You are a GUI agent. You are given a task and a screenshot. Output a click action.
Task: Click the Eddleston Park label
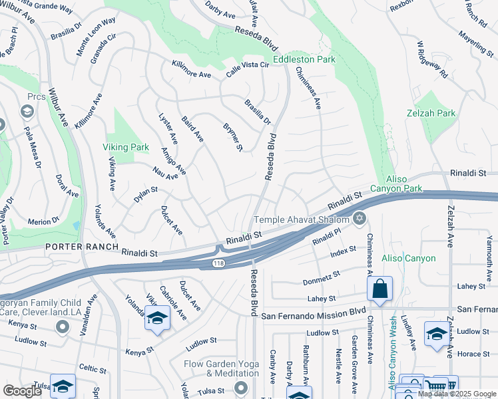[307, 59]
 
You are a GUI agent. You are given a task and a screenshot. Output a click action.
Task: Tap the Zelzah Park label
[431, 113]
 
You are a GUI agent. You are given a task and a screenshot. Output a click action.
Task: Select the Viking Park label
[125, 146]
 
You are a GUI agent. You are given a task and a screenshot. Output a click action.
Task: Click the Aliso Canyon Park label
[404, 184]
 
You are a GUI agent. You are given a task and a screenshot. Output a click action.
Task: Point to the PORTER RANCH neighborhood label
[73, 246]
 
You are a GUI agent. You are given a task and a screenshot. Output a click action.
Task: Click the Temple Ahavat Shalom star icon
[360, 218]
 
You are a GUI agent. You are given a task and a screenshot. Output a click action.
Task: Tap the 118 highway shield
[218, 264]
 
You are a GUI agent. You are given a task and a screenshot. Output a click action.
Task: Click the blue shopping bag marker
[379, 289]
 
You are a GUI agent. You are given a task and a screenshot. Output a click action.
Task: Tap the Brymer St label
[232, 136]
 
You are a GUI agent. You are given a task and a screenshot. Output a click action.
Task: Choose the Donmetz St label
[322, 276]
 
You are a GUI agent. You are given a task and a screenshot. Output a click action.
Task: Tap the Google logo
[22, 391]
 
